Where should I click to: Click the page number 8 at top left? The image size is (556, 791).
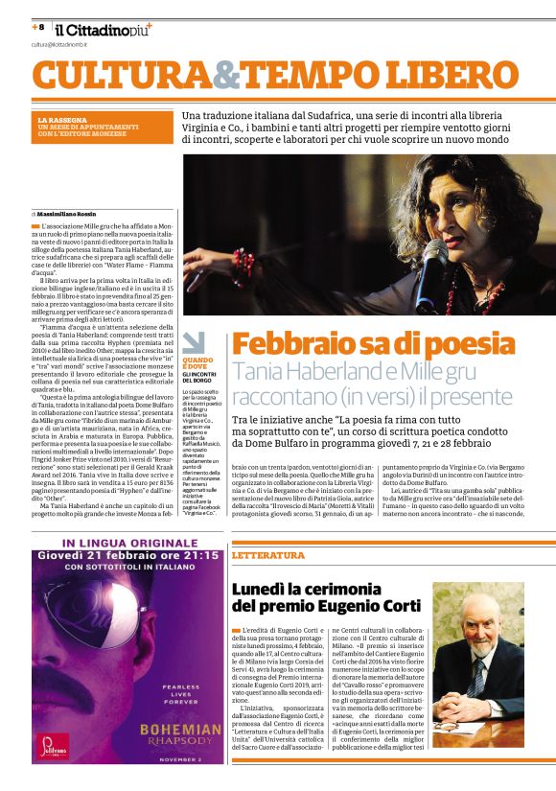41,28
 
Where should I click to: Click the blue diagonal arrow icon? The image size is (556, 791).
193,341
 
